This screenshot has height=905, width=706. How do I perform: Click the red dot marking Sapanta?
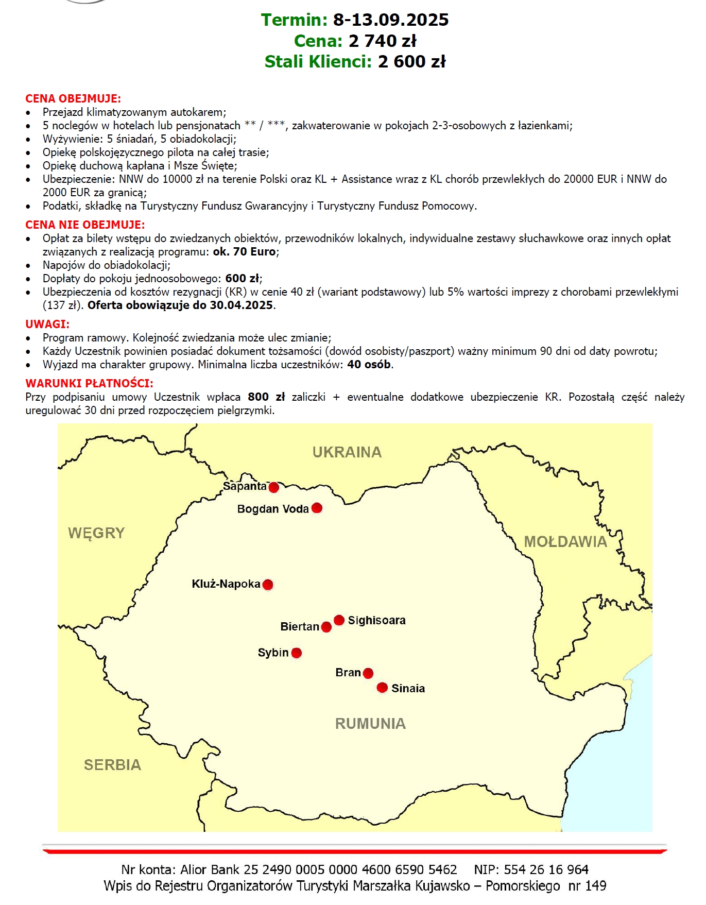pos(274,487)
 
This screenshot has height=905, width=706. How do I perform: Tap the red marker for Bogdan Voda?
pos(317,508)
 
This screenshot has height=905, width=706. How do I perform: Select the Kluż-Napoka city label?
pos(226,584)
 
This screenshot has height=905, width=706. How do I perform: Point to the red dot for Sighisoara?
pos(339,620)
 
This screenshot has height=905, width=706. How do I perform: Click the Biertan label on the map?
pos(300,627)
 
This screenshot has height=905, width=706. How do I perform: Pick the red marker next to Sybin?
pos(297,653)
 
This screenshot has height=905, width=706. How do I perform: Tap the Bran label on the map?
pos(348,673)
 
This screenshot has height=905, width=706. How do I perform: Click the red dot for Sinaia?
pos(382,688)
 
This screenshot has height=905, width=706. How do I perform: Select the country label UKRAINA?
pos(347,452)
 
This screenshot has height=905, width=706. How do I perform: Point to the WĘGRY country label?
pos(97,533)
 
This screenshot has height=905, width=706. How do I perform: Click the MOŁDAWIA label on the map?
pos(565,542)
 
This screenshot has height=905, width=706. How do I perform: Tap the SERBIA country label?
pos(113,765)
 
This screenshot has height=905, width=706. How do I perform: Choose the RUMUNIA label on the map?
pos(371,724)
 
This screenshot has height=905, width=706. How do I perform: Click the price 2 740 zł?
pos(383,41)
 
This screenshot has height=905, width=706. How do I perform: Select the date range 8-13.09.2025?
pos(391,20)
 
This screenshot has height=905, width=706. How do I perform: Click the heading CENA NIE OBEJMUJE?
pos(85,225)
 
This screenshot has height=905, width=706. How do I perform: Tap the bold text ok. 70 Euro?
pos(245,252)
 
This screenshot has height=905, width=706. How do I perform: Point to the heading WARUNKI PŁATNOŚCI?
pos(89,383)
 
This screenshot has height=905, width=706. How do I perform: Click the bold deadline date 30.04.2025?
pos(241,305)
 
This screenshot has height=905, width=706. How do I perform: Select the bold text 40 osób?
pos(369,365)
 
